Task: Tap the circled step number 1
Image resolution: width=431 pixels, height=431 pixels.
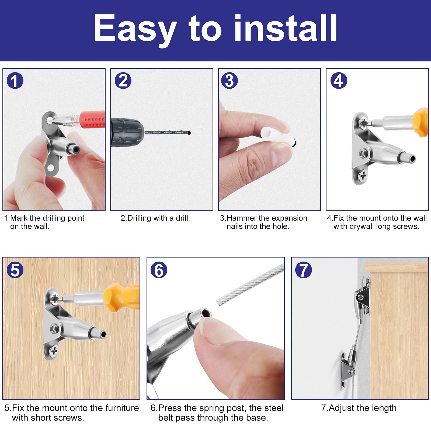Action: coord(15,81)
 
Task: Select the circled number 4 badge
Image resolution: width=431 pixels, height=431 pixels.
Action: coord(339,81)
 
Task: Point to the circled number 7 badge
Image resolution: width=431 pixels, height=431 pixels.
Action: coord(304,270)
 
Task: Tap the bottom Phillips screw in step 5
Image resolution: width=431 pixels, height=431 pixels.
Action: coord(54,350)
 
